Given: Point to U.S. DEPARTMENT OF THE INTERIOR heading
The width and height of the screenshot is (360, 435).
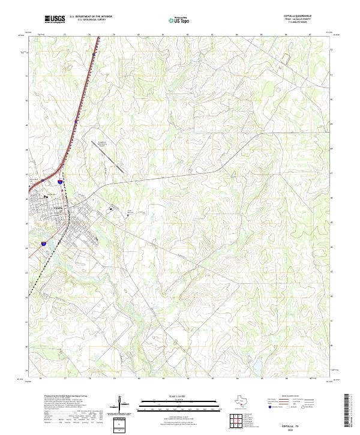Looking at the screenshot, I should click(91, 17).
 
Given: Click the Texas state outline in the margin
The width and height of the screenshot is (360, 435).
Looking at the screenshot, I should click(241, 403).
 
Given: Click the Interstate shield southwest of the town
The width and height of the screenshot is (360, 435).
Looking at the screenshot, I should click(43, 244).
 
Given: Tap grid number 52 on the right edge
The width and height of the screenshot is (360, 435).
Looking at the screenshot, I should click(331, 50).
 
